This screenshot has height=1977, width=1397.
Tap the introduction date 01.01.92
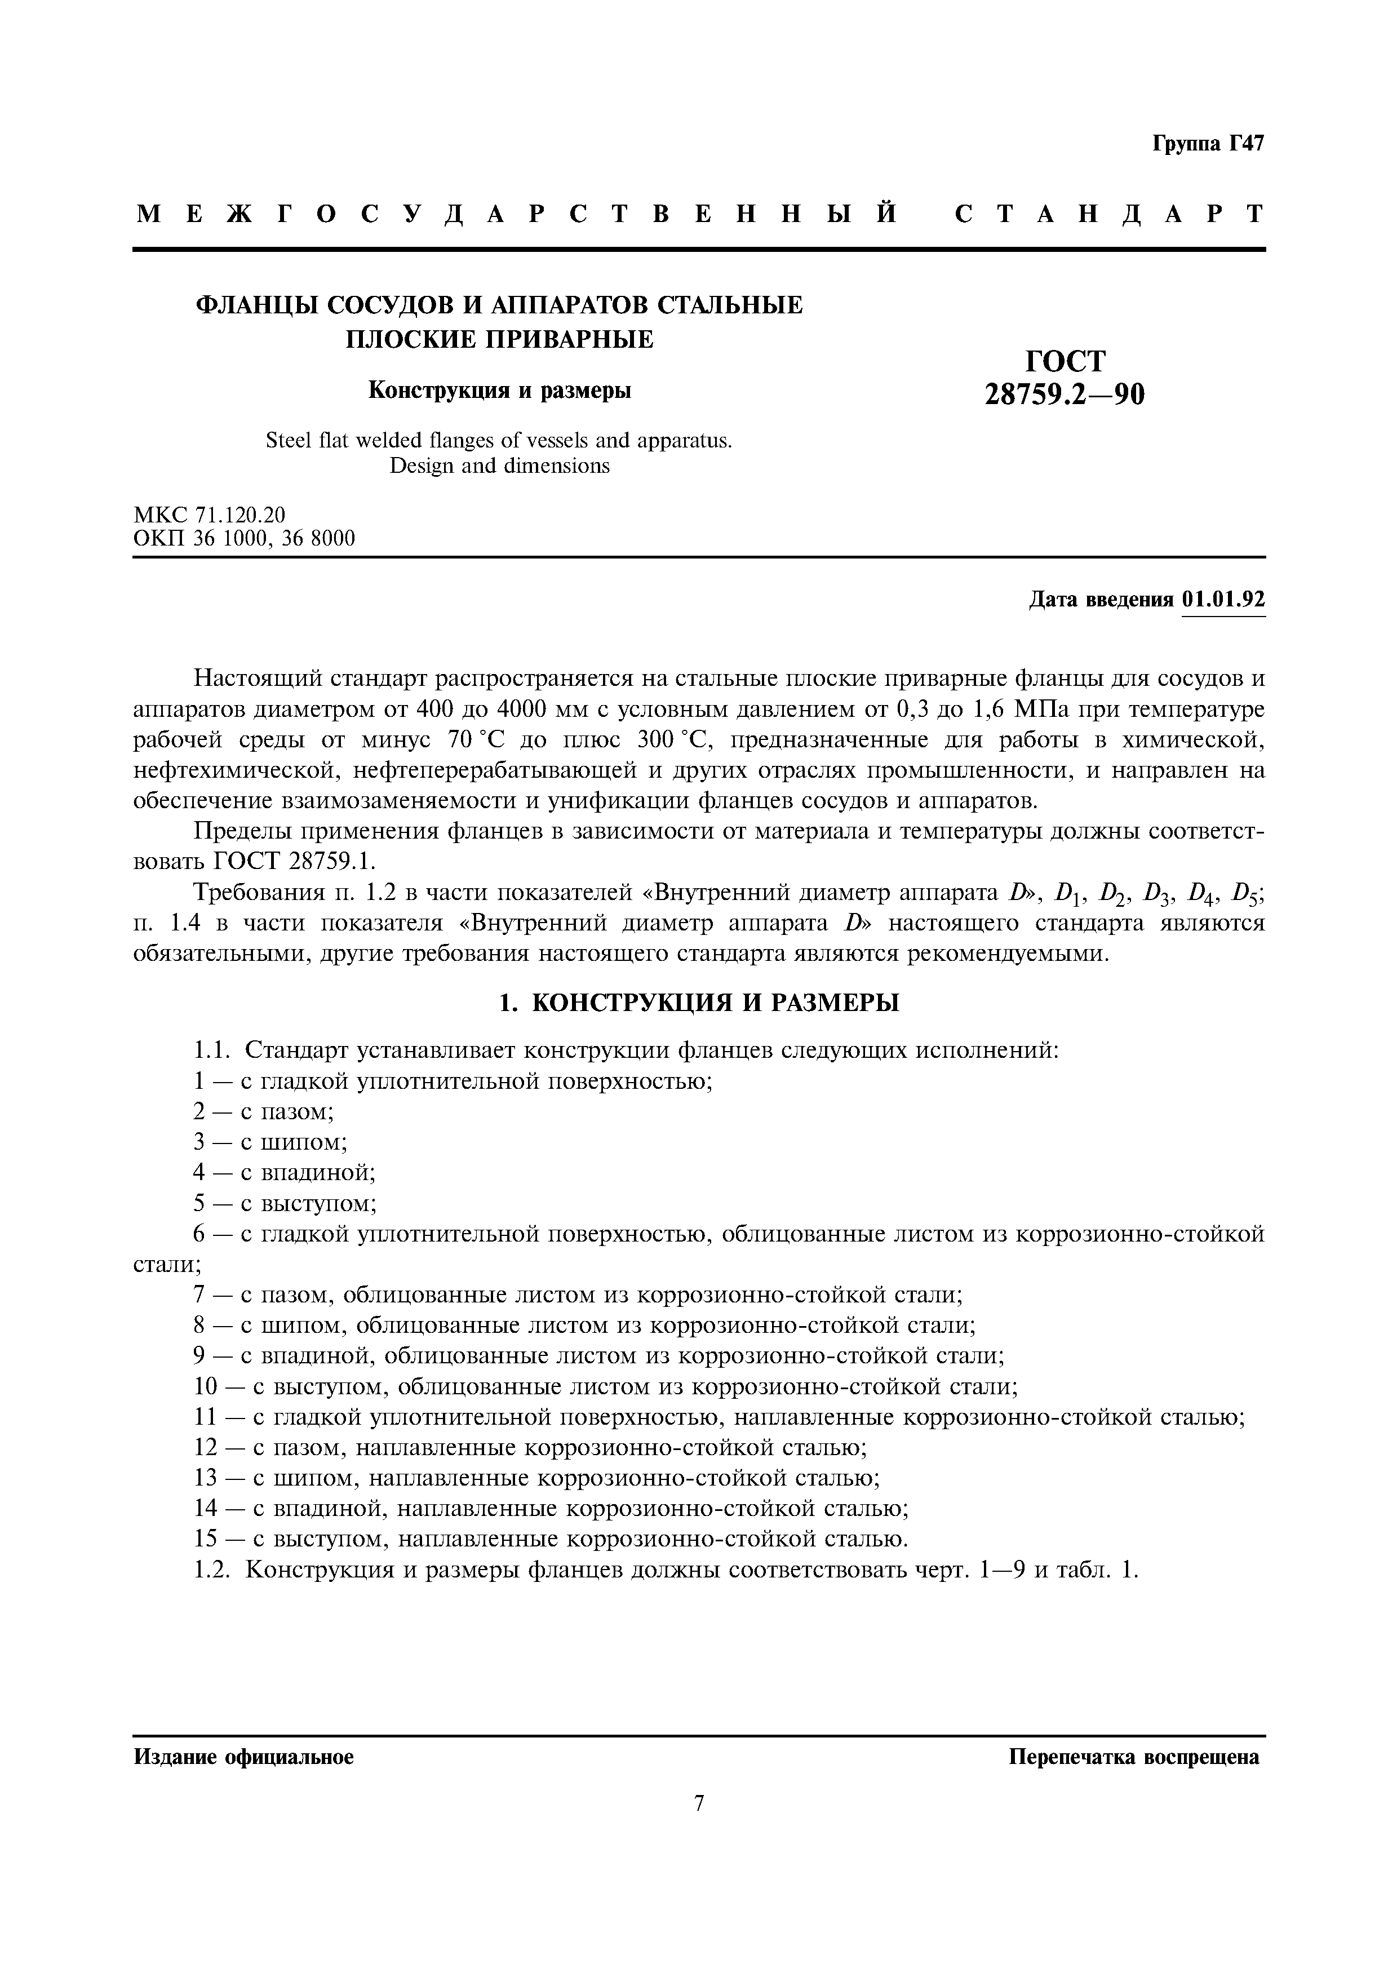[1223, 599]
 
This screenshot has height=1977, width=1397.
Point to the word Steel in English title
[289, 441]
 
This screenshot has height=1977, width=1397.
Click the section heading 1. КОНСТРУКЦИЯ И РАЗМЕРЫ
[699, 1002]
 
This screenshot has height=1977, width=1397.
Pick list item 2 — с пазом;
[263, 1111]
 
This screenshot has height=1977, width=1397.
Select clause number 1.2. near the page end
[212, 1570]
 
